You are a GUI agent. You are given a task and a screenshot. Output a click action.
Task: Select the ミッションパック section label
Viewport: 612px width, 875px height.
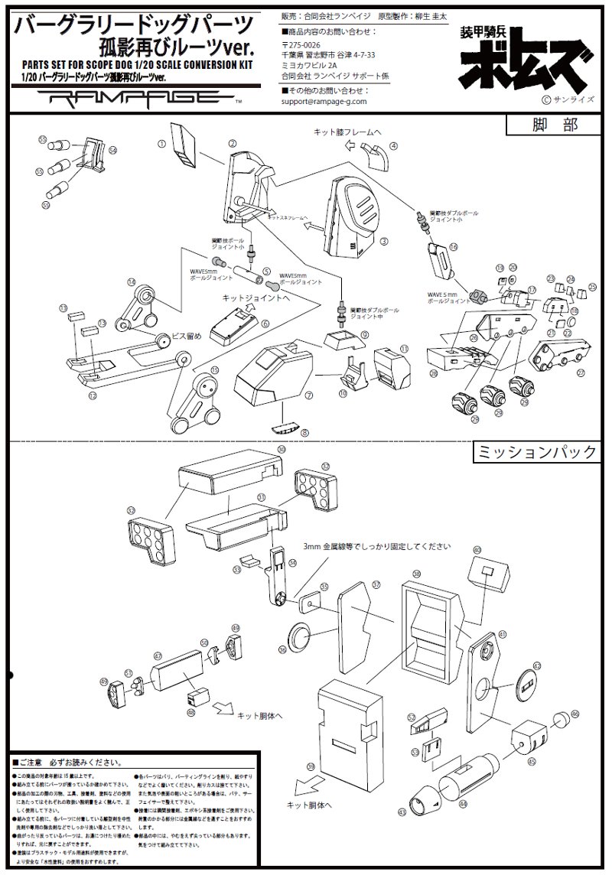(535, 452)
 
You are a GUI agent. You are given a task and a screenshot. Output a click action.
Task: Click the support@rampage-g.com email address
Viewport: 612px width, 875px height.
(324, 100)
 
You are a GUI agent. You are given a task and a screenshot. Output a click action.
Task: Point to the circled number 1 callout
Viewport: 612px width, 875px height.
(161, 143)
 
